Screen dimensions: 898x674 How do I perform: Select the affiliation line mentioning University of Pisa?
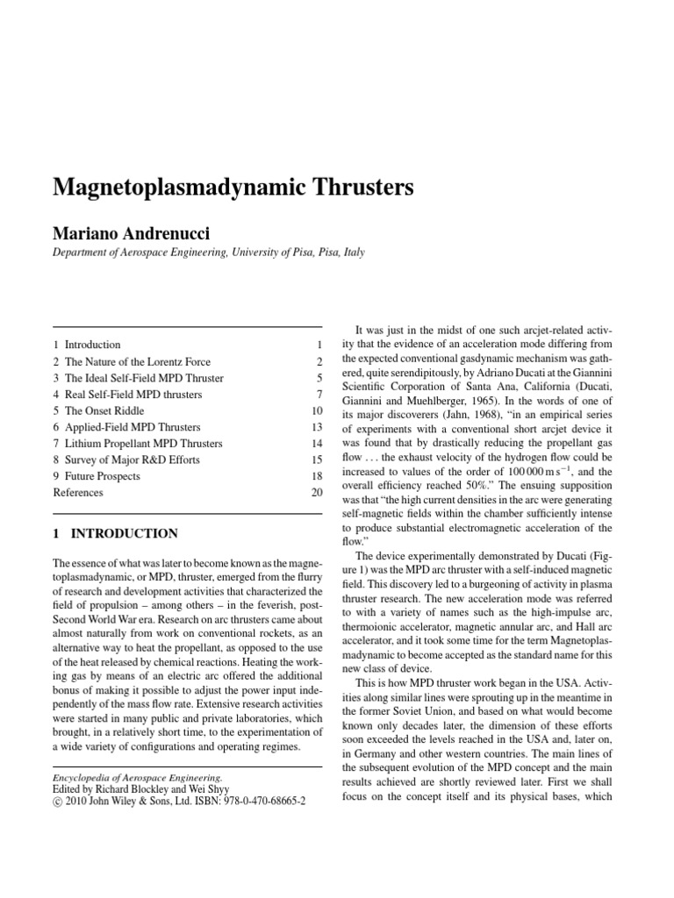(x=209, y=252)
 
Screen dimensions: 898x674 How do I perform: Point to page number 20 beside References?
(x=319, y=493)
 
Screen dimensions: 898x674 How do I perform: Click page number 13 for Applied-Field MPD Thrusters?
(x=319, y=427)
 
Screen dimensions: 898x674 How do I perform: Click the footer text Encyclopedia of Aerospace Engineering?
(x=138, y=777)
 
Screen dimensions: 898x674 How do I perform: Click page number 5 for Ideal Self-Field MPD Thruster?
(x=321, y=378)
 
